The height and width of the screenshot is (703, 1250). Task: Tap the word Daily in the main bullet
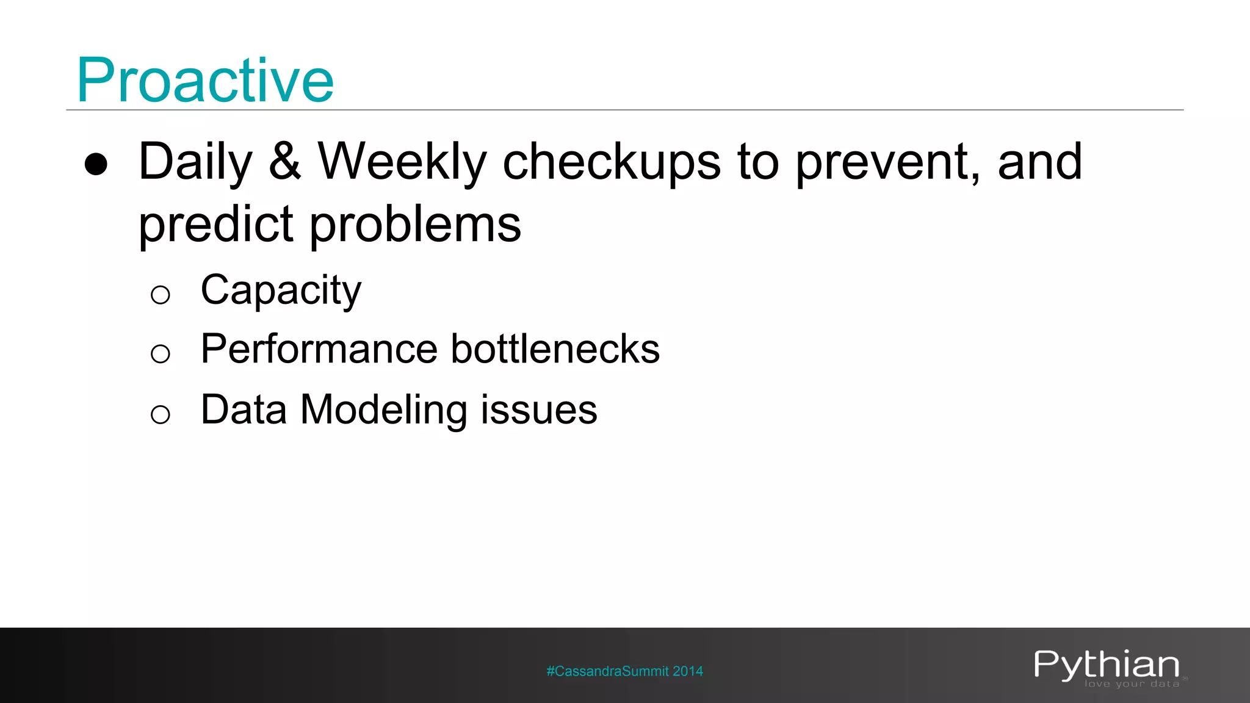(x=195, y=162)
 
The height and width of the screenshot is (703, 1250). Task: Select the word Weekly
(x=402, y=162)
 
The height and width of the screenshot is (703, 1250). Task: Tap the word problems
(x=416, y=225)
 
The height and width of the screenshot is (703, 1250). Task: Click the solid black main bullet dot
(x=96, y=164)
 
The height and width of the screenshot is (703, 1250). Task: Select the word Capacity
(x=281, y=290)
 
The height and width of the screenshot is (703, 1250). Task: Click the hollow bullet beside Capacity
(x=160, y=295)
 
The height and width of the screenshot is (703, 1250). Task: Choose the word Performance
(x=318, y=349)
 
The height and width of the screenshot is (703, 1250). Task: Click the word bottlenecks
(x=555, y=349)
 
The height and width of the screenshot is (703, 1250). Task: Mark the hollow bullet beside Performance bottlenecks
(x=160, y=354)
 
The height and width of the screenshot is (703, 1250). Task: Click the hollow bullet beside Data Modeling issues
(x=160, y=415)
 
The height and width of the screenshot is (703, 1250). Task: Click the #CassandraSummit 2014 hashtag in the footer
(x=624, y=671)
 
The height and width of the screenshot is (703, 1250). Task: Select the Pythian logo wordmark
(x=1107, y=665)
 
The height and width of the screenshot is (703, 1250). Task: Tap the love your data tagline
(x=1132, y=684)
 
